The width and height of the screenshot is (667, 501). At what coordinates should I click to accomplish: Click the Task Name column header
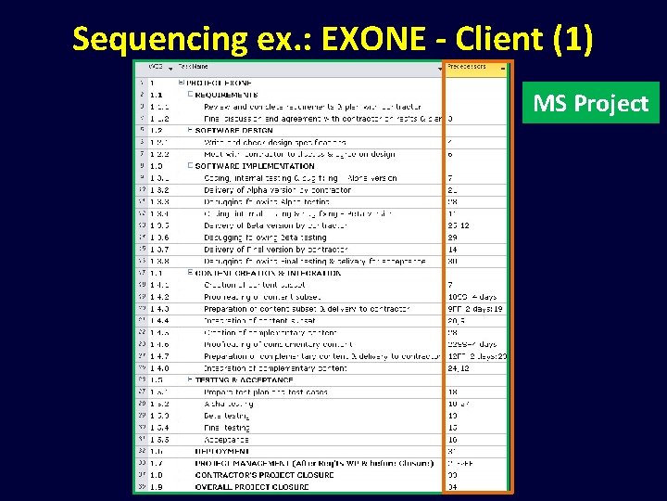click(x=195, y=68)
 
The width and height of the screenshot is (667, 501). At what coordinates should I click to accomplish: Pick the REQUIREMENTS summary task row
click(x=226, y=95)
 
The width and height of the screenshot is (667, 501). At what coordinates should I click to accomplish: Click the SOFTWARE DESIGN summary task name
click(x=233, y=130)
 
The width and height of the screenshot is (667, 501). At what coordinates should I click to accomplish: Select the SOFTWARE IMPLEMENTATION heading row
click(x=255, y=166)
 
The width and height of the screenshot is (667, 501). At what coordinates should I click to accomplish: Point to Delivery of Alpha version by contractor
click(x=277, y=189)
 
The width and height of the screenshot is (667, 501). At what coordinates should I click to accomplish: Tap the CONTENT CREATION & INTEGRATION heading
click(x=270, y=273)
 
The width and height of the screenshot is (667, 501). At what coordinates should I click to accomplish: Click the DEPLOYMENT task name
click(x=223, y=451)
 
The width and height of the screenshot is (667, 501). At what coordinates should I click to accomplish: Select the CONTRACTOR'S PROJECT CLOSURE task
click(x=264, y=475)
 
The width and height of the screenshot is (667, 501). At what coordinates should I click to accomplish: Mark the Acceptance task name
click(x=226, y=439)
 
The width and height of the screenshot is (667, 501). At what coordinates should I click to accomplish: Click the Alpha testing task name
click(x=228, y=404)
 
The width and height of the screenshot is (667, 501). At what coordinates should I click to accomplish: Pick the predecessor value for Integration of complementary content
click(x=458, y=367)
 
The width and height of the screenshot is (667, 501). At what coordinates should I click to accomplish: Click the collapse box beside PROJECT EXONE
click(x=181, y=83)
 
